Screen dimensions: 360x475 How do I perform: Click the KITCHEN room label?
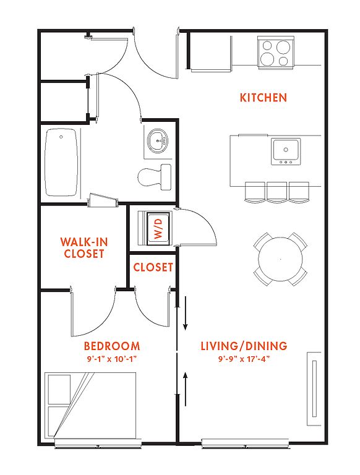263,98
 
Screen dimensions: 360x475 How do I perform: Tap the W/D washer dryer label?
158,229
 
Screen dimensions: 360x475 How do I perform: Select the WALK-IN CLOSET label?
84,247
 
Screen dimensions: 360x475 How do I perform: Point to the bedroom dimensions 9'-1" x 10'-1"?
112,359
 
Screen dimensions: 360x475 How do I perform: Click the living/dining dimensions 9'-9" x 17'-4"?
244,359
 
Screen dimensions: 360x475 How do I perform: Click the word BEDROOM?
112,346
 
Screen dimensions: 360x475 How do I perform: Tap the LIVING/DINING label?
244,346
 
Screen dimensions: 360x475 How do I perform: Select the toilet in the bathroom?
155,177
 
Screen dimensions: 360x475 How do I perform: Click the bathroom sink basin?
158,141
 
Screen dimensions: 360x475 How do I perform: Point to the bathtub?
61,163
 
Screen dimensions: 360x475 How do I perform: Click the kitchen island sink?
286,151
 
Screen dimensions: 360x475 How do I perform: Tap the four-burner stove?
276,52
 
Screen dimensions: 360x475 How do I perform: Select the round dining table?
280,259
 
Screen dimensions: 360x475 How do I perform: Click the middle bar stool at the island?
276,192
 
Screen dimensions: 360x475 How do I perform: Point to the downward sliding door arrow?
186,313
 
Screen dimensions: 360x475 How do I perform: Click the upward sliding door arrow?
186,389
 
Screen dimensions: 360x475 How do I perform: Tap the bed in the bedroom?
90,405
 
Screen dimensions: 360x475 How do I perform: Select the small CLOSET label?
153,267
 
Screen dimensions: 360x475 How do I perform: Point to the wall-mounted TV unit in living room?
314,389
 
